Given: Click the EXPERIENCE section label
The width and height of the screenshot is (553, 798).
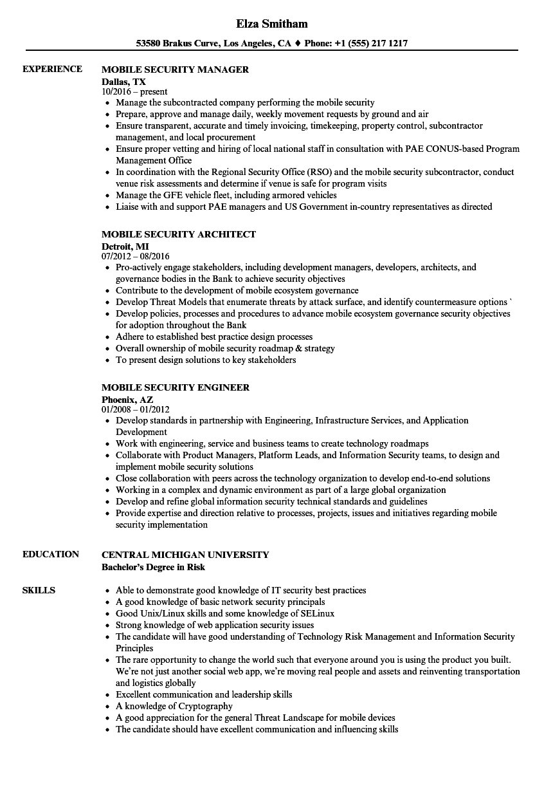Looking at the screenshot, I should click(52, 69).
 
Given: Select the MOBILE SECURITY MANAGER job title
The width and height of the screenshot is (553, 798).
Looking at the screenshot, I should click(175, 70).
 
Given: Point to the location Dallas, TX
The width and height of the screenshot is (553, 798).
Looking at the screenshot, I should click(123, 82).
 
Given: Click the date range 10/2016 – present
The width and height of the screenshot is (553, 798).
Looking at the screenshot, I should click(134, 92).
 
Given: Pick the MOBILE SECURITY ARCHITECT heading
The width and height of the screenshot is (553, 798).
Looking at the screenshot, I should click(179, 234).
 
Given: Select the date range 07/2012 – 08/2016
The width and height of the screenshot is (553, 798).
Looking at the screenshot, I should click(136, 257).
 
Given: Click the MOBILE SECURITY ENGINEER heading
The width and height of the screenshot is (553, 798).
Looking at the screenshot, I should click(176, 387).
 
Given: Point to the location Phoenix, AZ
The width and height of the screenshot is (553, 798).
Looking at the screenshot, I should click(127, 400).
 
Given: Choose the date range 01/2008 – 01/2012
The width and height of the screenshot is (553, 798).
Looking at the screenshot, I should click(136, 410).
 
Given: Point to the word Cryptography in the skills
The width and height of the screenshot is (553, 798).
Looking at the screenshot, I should click(205, 706).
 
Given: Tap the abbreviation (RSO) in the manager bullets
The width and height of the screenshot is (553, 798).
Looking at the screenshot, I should click(311, 172).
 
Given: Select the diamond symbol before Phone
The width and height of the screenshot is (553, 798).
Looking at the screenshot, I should click(298, 44).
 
